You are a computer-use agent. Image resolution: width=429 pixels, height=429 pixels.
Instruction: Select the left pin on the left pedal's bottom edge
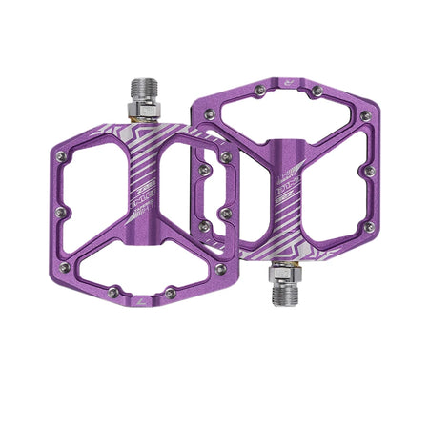(x=113, y=292)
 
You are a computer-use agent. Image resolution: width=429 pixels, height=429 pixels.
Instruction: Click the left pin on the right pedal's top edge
(x=260, y=90)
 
